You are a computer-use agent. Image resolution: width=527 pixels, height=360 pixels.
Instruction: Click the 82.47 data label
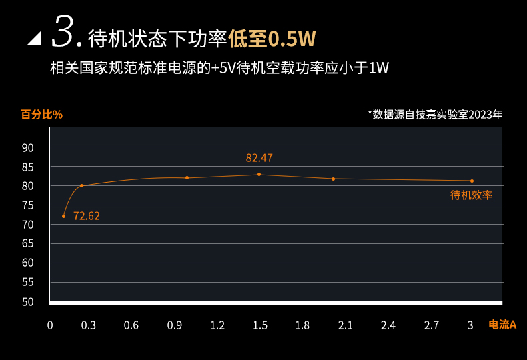(259, 158)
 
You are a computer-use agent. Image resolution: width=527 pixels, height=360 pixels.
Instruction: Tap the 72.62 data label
(87, 216)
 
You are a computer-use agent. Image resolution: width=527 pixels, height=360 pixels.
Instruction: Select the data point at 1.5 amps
(259, 175)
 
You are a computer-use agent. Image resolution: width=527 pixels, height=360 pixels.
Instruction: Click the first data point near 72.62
(64, 216)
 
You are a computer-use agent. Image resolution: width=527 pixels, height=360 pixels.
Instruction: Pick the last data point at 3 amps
(472, 181)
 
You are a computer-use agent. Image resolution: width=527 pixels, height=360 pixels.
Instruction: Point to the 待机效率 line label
(471, 195)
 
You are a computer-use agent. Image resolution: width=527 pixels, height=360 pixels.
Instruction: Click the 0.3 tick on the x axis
(88, 325)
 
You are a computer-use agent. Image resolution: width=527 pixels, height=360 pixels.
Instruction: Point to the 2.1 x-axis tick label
(345, 325)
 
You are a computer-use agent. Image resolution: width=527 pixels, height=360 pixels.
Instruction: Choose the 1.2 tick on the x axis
(217, 325)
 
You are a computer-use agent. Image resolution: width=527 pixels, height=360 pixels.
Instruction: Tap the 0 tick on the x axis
(49, 325)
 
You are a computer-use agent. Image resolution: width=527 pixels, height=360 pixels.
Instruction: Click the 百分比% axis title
(41, 114)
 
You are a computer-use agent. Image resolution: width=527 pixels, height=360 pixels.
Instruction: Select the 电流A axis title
(502, 325)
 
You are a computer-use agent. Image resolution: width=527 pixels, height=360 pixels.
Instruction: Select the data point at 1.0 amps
(187, 177)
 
